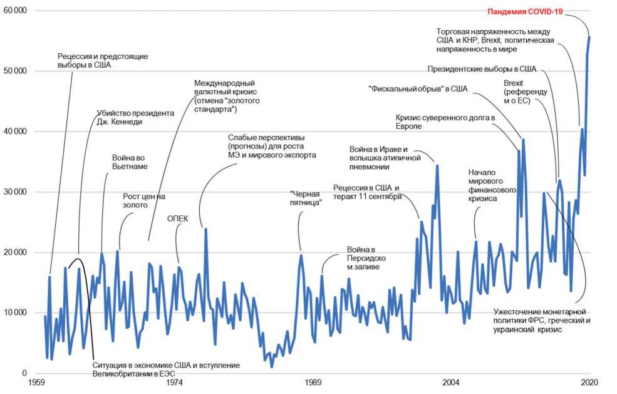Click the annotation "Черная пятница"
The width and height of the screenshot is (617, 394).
[x=306, y=199]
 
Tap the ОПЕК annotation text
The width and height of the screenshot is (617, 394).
[x=177, y=219]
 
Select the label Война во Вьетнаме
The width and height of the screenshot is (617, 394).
[x=130, y=162]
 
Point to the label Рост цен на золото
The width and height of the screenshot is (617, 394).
[x=143, y=200]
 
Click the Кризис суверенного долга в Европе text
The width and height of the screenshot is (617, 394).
[x=445, y=122]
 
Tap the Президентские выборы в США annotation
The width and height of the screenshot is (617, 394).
[x=482, y=69]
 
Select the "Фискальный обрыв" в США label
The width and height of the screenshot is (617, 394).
[x=418, y=89]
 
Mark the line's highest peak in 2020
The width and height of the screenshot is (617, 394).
[x=589, y=37]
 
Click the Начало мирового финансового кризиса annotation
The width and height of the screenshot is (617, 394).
[x=492, y=185]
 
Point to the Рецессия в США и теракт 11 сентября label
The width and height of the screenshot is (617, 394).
[x=366, y=192]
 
